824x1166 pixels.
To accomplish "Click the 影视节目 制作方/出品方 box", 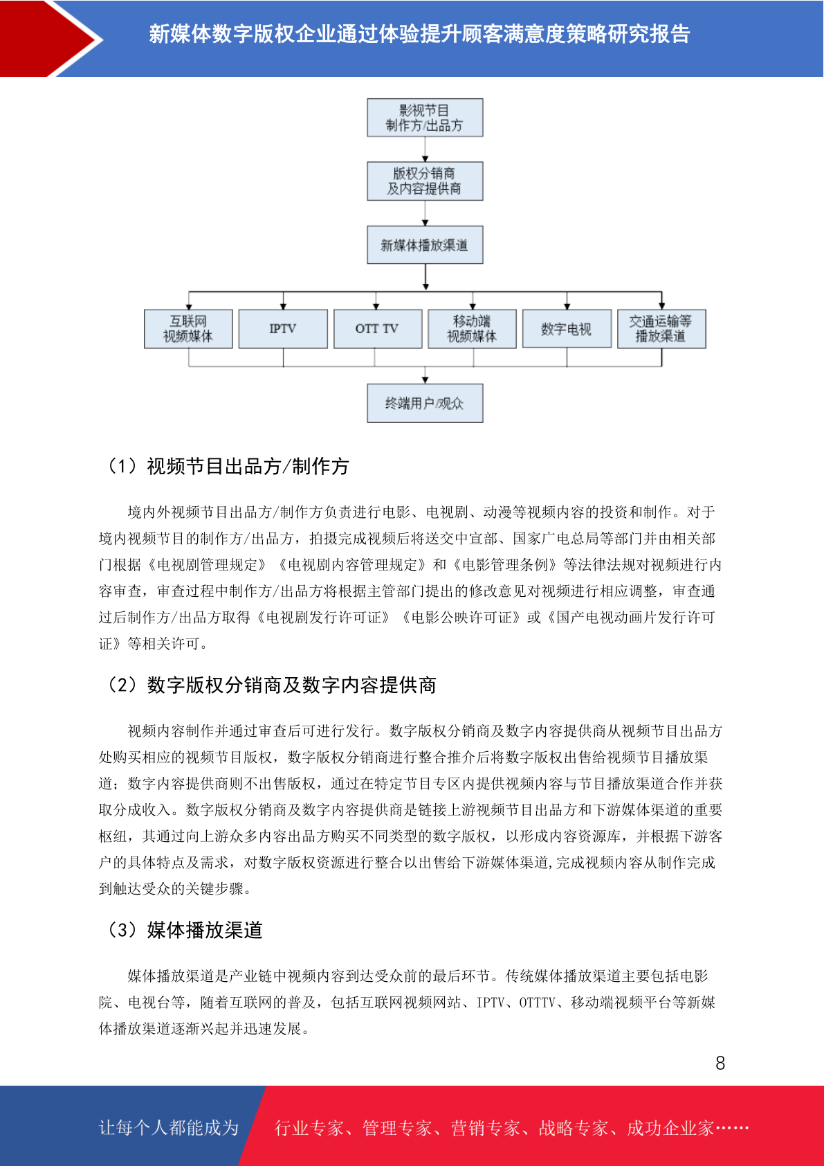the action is pyautogui.click(x=425, y=118).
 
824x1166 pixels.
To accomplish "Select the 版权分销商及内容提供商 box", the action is pyautogui.click(x=425, y=181).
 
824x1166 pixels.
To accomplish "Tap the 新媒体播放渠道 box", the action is pyautogui.click(x=425, y=244).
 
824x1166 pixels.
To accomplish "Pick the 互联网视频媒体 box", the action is pyautogui.click(x=188, y=329).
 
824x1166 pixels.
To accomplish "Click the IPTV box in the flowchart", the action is pyautogui.click(x=283, y=329).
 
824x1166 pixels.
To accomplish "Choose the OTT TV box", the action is pyautogui.click(x=378, y=329).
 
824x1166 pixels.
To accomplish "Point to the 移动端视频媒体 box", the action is pyautogui.click(x=473, y=329).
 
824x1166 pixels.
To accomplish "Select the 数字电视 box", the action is pyautogui.click(x=567, y=329).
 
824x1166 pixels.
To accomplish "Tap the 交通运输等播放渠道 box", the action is pyautogui.click(x=661, y=329).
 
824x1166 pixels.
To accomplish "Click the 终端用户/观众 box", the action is pyautogui.click(x=425, y=404).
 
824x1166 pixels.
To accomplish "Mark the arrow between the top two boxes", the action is pyautogui.click(x=425, y=150).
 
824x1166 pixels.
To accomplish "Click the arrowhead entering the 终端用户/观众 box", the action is pyautogui.click(x=425, y=381).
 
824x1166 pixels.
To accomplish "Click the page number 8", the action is pyautogui.click(x=720, y=1063).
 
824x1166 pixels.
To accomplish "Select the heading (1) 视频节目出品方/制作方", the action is pyautogui.click(x=228, y=467).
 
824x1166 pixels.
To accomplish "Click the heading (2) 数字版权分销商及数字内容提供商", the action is pyautogui.click(x=271, y=685).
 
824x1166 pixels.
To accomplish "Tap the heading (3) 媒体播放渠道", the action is pyautogui.click(x=184, y=930).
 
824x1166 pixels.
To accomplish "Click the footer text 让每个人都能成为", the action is pyautogui.click(x=169, y=1128).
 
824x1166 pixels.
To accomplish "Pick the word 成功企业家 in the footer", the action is pyautogui.click(x=670, y=1128).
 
